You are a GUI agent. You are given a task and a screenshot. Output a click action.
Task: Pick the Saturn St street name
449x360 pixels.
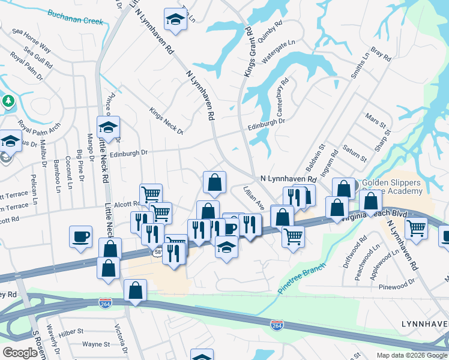354,152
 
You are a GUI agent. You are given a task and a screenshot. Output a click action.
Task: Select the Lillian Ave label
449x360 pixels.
254,197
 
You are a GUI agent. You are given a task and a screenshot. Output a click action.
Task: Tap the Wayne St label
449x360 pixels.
96,344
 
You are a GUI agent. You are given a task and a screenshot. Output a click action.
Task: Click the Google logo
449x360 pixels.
19,352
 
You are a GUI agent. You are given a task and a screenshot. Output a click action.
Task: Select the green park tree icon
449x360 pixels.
8,100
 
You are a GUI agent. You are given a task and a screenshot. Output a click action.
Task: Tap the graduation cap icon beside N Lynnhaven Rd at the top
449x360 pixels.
175,20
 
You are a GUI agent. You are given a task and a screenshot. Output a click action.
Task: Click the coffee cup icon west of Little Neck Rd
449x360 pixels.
80,236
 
